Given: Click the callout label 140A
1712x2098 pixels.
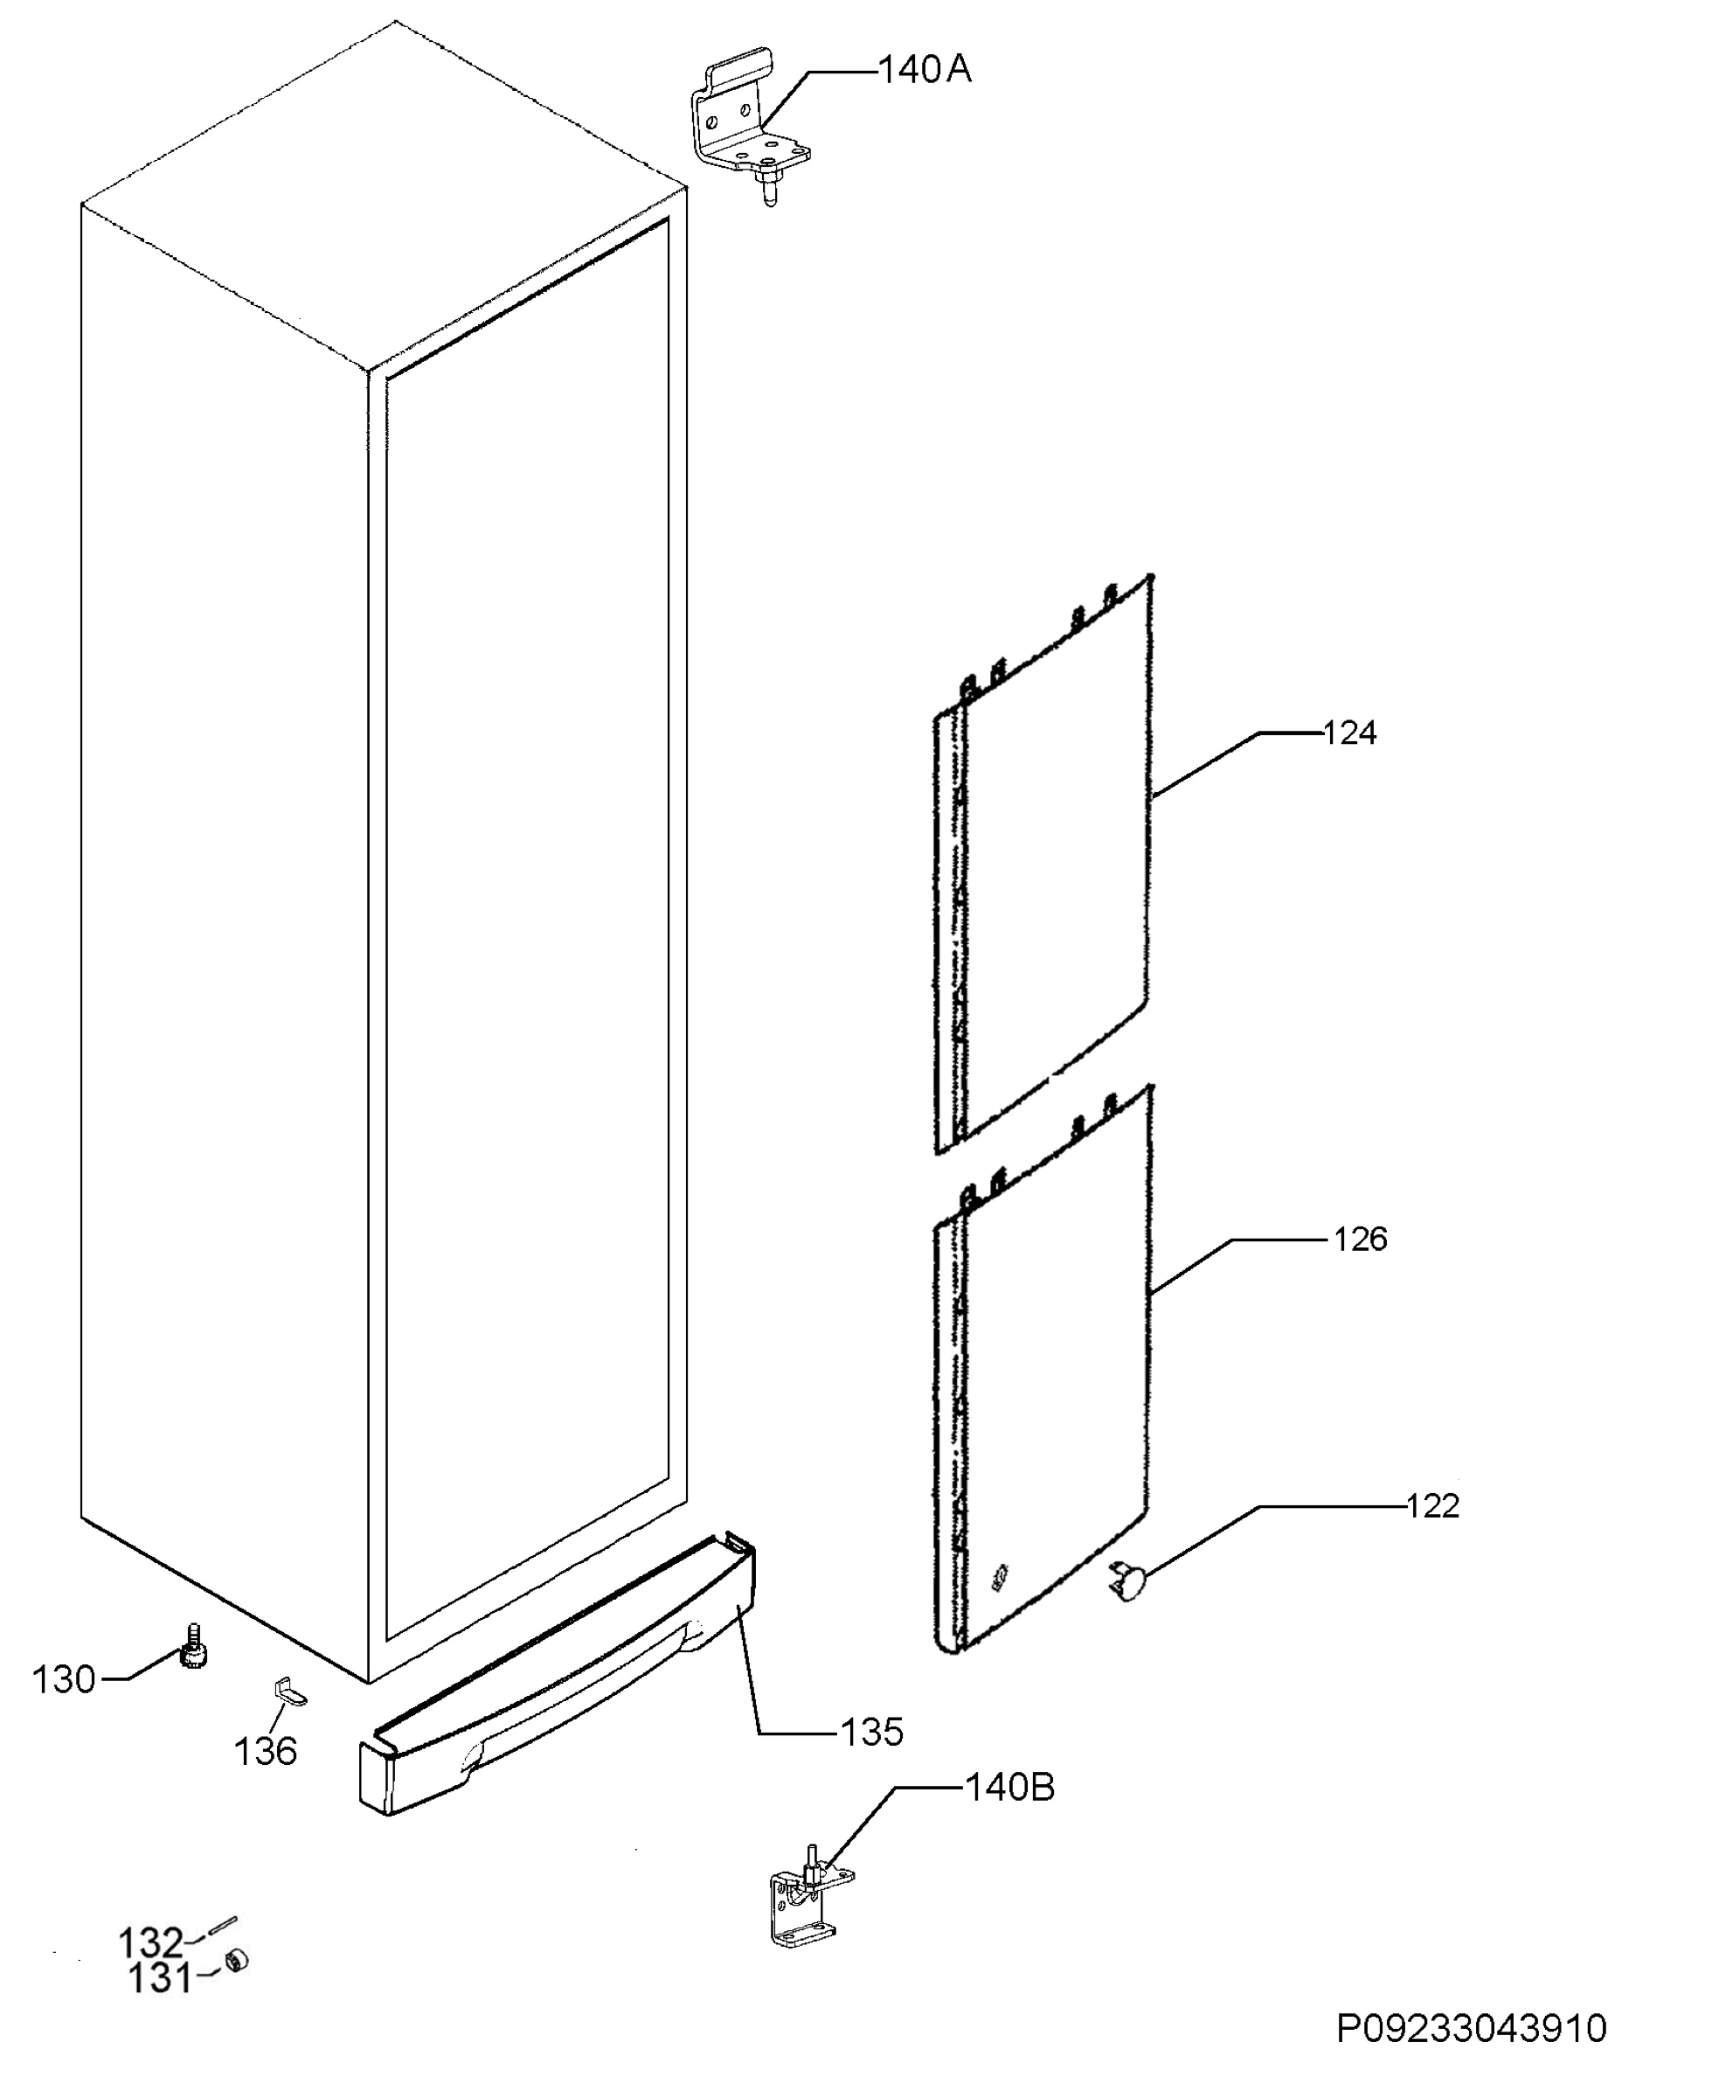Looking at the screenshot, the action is click(x=924, y=69).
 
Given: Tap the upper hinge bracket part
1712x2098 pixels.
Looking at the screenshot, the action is click(x=751, y=128).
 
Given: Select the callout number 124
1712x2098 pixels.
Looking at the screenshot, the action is click(x=1349, y=732).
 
